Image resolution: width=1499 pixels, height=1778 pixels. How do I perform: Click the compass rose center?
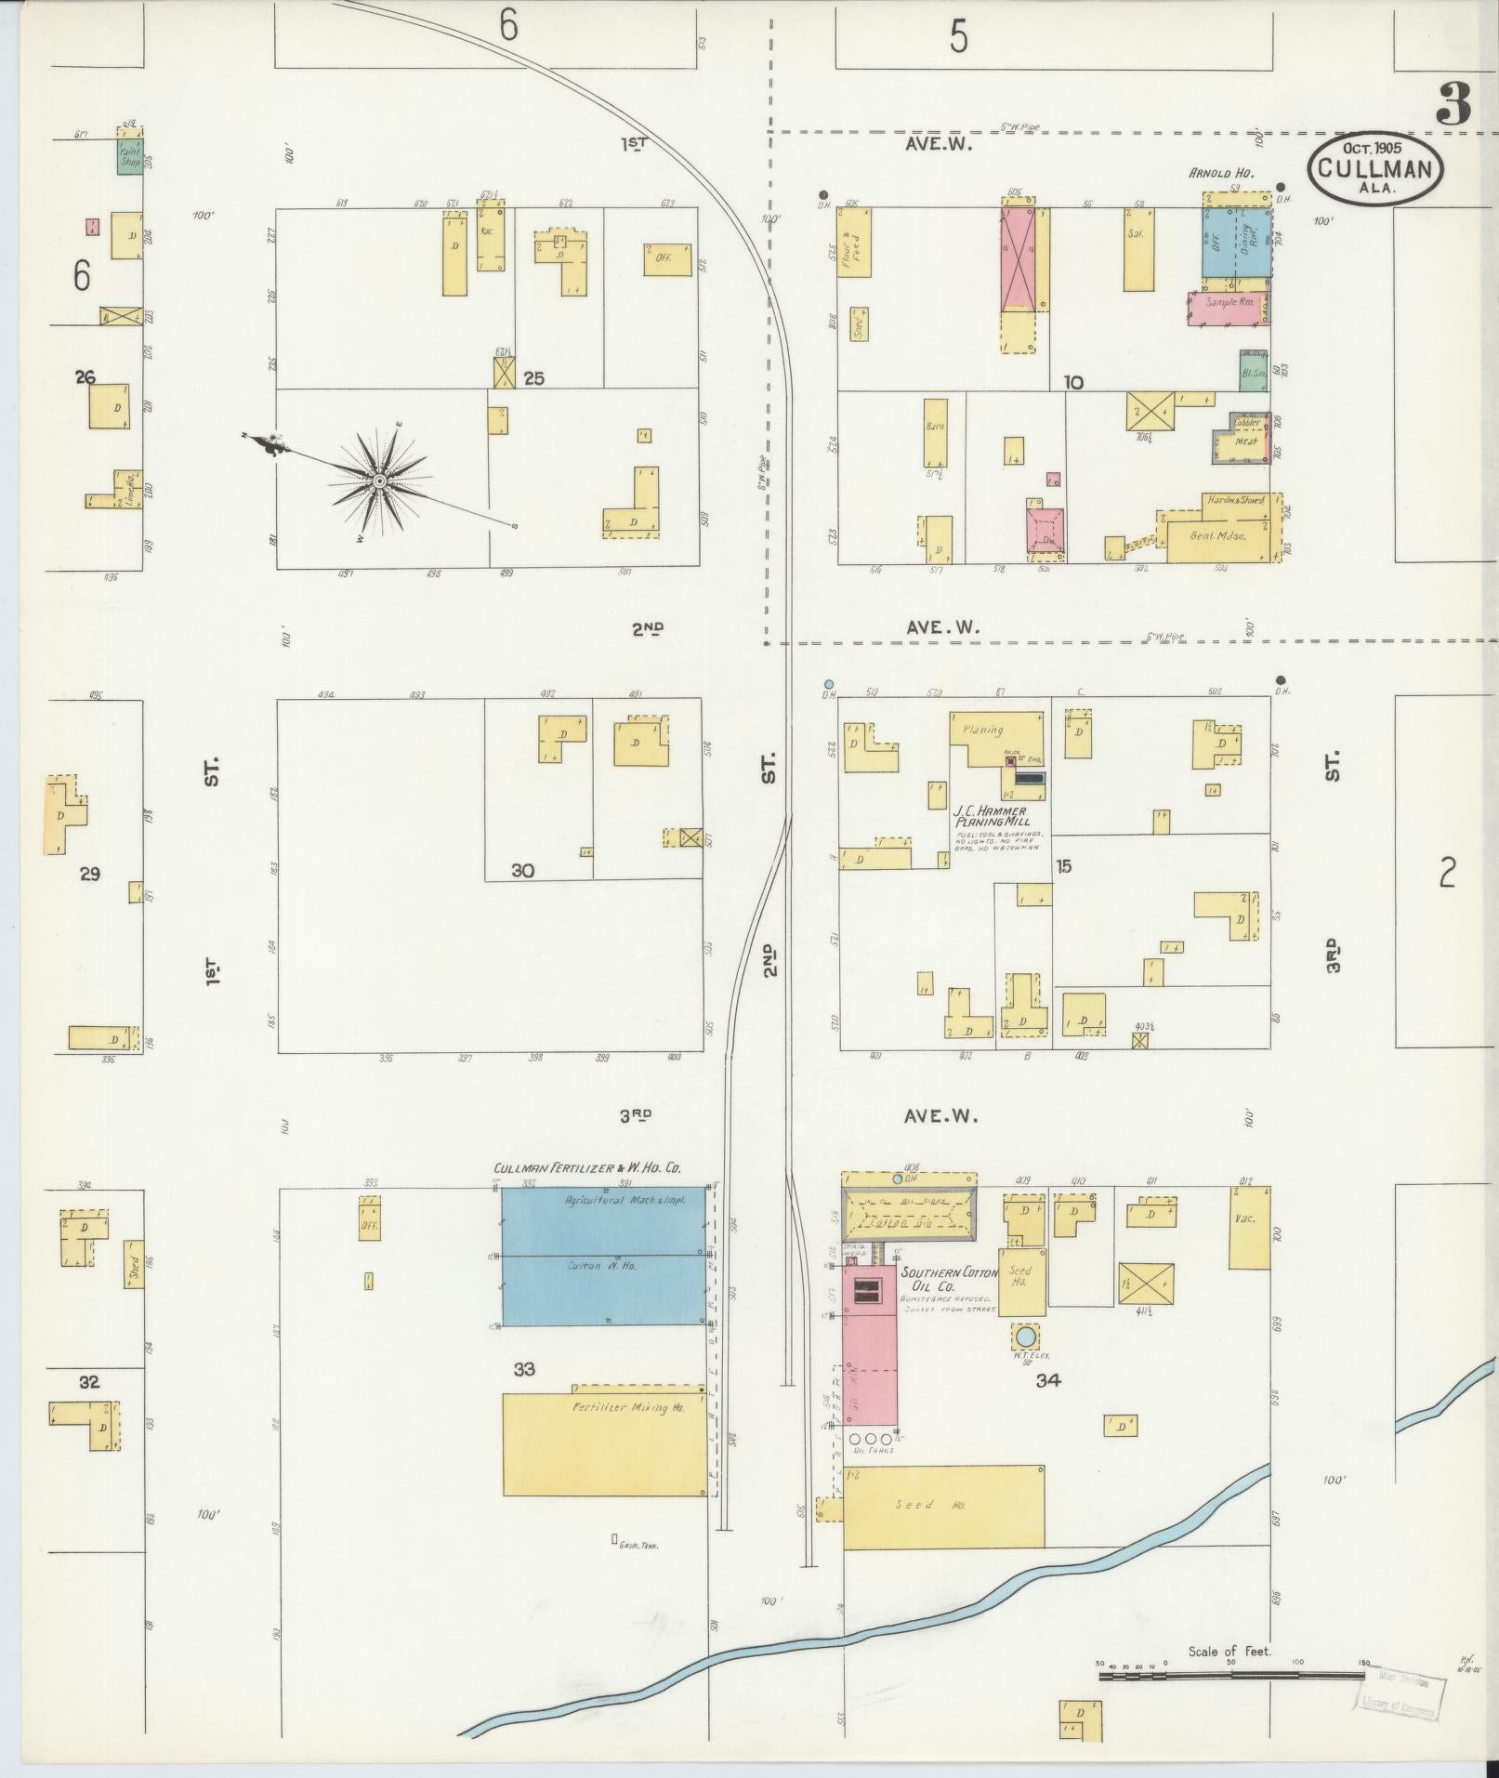(x=379, y=481)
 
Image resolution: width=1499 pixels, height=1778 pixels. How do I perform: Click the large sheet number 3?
(x=1453, y=104)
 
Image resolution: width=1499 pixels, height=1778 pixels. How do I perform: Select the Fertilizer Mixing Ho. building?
(x=604, y=1443)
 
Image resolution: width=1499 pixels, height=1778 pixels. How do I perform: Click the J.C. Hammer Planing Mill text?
(x=994, y=817)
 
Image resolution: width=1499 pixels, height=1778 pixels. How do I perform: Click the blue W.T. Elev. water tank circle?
(x=1026, y=1337)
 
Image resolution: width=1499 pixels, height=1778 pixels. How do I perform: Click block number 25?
(x=533, y=378)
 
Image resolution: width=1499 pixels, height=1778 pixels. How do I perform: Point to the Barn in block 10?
(x=936, y=432)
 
